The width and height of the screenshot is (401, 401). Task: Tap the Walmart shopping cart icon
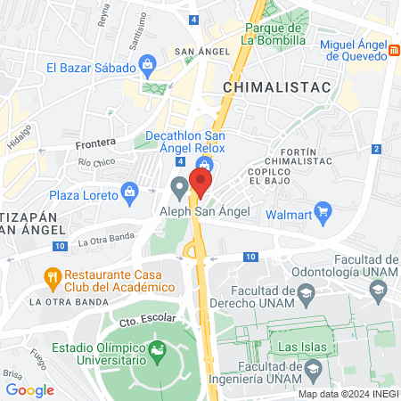(x=324, y=214)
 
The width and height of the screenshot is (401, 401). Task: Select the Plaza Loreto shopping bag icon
(x=131, y=191)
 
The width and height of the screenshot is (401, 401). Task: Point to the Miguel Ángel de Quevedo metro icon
(x=393, y=51)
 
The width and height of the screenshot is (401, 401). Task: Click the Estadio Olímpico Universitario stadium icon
(x=160, y=350)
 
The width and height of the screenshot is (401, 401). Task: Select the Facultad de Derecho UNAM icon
(x=307, y=292)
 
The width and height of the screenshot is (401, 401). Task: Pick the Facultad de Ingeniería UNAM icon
(x=312, y=366)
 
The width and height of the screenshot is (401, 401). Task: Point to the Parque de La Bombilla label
(x=275, y=34)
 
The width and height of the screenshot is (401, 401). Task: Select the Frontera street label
(x=96, y=143)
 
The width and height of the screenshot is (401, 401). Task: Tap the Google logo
(x=29, y=389)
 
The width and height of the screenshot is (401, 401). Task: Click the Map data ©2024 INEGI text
(x=347, y=393)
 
